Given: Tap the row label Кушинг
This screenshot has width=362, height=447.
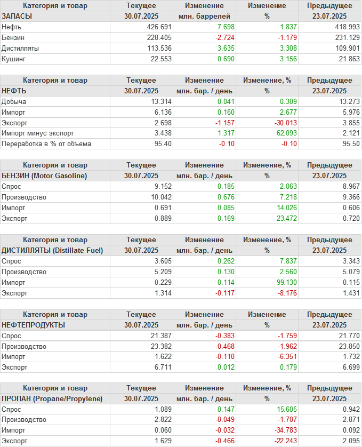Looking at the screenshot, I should coord(13,59).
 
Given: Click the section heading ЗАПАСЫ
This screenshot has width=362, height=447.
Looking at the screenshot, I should coord(17,16).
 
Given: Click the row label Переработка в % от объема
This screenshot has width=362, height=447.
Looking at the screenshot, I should coord(46,143).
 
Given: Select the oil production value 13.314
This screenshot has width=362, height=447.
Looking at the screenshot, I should coord(162,101).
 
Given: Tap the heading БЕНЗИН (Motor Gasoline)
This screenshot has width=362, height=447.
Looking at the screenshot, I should coord(44,175).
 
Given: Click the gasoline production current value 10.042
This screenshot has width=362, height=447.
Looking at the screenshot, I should coord(162,197).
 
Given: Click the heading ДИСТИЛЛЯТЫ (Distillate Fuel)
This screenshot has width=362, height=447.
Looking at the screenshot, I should coord(52,250).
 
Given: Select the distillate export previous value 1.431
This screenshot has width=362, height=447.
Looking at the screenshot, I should coord(349,293).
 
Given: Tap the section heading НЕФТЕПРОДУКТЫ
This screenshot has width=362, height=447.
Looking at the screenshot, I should coord(34,324).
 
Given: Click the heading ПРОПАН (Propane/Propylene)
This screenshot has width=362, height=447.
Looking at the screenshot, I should coord(52,398).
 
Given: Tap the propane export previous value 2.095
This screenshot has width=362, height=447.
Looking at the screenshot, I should coord(349,441).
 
